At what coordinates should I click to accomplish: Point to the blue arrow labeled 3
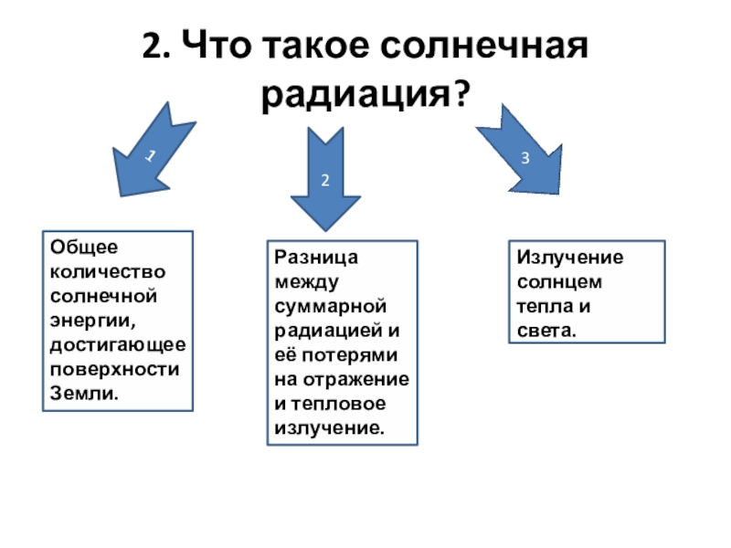521,151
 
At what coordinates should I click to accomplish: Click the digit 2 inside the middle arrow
323,180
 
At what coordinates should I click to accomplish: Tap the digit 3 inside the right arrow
525,158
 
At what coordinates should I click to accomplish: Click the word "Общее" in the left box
79,248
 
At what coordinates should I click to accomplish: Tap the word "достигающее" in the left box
118,346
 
